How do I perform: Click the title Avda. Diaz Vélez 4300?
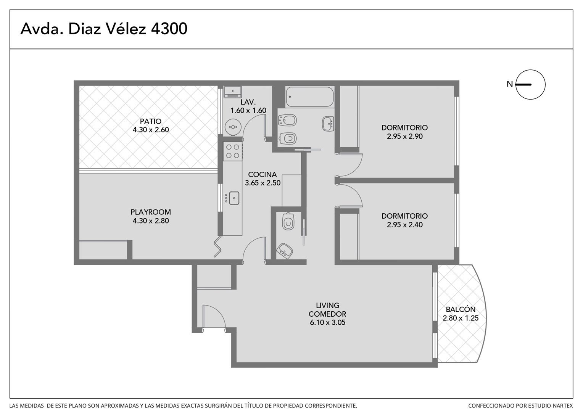[103, 29]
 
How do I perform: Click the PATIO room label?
[151, 121]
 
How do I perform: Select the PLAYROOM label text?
[151, 212]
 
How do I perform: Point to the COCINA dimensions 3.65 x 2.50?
[263, 183]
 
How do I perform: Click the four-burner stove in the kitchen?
[233, 151]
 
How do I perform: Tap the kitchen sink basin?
[234, 198]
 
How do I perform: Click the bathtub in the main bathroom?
[309, 97]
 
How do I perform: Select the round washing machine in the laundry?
[233, 127]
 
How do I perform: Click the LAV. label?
[248, 102]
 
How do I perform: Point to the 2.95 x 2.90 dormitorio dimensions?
[404, 136]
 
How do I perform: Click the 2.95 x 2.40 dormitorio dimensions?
[404, 225]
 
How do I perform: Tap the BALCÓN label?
[461, 309]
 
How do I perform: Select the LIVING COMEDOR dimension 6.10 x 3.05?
[327, 322]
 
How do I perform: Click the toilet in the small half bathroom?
[288, 221]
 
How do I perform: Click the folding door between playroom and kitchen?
[217, 246]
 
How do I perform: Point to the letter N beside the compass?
[510, 84]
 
